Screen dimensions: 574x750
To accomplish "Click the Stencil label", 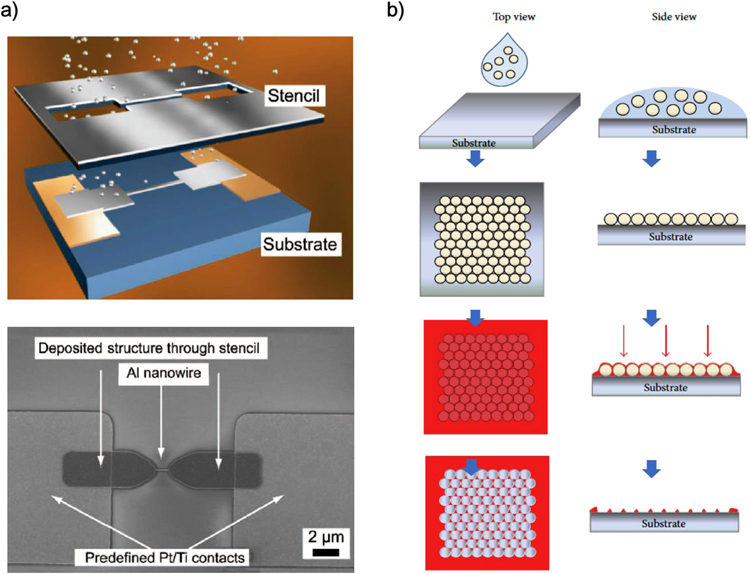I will tap(294, 95).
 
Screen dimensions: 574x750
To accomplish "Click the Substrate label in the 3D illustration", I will tap(299, 244).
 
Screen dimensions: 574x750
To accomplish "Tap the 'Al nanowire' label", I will tap(164, 373).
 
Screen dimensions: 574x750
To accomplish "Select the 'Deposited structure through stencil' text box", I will tap(149, 348).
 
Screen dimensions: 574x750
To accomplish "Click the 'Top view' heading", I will tap(513, 17).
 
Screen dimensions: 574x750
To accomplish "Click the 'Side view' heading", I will tap(674, 17).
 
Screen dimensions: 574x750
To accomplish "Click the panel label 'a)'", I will tap(9, 10).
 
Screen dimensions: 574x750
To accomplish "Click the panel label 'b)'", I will tap(395, 10).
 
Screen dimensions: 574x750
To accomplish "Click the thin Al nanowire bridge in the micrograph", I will tap(162, 470).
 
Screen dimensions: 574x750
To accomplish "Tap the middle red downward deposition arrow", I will tap(666, 341).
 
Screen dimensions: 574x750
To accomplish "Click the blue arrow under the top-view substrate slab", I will tap(475, 158).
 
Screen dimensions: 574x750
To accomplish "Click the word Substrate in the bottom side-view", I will tap(663, 524).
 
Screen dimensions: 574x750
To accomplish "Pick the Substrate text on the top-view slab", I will tap(474, 143).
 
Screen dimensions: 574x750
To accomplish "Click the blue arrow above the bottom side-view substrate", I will tap(651, 468).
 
